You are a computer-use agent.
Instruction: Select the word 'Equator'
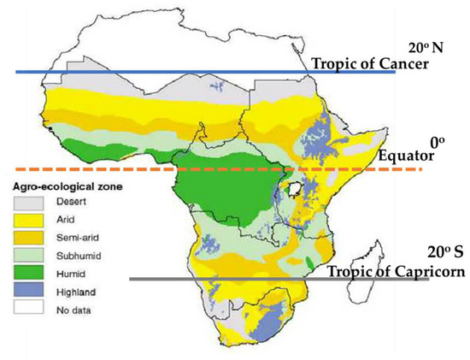tap(409, 157)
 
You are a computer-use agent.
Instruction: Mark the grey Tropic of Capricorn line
tap(214, 279)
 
